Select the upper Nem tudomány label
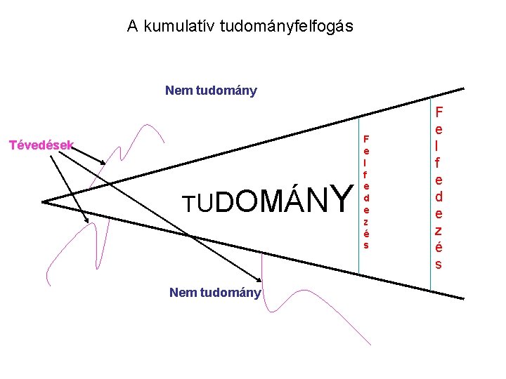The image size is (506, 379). click(211, 91)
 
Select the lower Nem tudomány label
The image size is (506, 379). click(215, 293)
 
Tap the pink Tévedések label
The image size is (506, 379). click(41, 146)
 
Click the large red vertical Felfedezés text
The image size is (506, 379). click(439, 187)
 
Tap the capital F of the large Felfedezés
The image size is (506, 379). click(439, 112)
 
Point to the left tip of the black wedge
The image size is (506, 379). click(44, 202)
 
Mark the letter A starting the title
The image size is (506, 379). click(133, 27)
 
